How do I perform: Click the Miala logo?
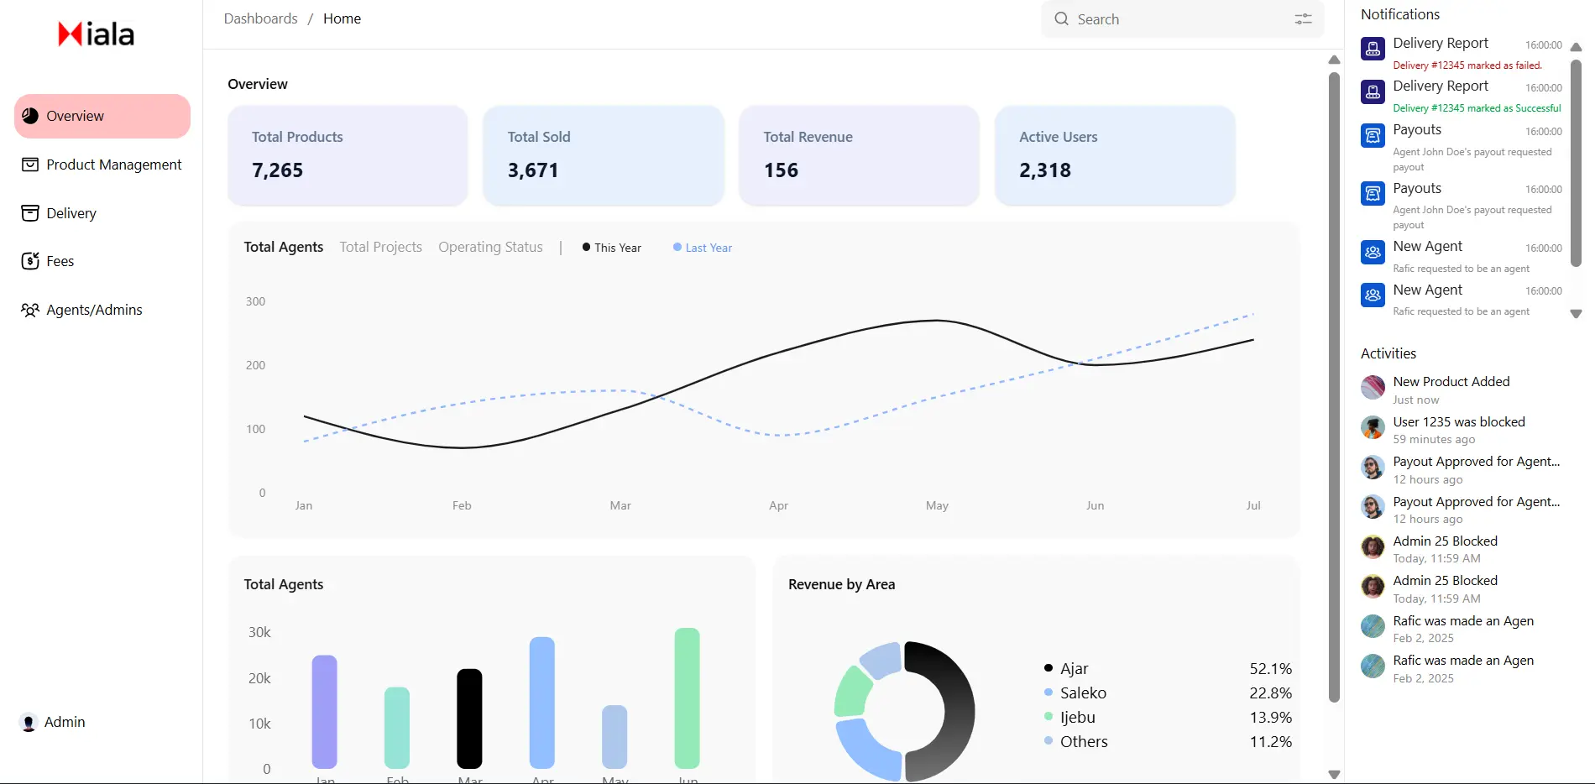96,34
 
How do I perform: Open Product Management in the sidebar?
113,165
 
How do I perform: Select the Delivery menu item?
71,213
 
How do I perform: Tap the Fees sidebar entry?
60,261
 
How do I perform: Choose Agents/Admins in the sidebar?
94,310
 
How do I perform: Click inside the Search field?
1175,19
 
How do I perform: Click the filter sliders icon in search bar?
1303,19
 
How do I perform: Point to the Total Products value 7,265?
277,170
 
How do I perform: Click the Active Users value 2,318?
1044,170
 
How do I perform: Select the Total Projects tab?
380,247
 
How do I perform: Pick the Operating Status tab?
490,247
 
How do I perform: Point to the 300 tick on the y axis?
255,301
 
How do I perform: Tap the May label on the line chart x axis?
937,505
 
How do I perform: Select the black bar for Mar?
469,718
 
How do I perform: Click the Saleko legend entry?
1082,693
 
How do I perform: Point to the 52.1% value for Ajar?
1270,669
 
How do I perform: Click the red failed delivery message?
1467,65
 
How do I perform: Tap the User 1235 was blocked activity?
1458,422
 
